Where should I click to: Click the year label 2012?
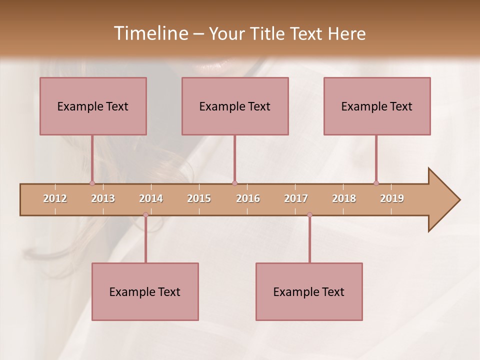click(55, 198)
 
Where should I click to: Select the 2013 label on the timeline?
click(103, 198)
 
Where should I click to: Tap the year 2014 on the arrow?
click(151, 198)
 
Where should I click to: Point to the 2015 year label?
click(199, 198)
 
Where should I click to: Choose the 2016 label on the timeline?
click(248, 198)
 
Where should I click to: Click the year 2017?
click(296, 198)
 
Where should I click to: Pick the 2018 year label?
click(344, 198)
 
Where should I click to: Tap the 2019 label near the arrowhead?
click(392, 198)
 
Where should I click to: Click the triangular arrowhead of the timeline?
click(443, 200)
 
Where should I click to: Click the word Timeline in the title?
click(150, 33)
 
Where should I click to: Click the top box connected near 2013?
click(93, 106)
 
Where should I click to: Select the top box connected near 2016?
click(235, 106)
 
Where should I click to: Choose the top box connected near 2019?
click(377, 106)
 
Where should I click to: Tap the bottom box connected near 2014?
click(145, 291)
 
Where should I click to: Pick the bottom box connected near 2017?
click(309, 291)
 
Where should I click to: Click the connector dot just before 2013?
click(92, 183)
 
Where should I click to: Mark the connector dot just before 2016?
click(235, 183)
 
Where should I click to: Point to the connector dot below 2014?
click(145, 215)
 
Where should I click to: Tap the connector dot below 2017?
click(309, 215)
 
